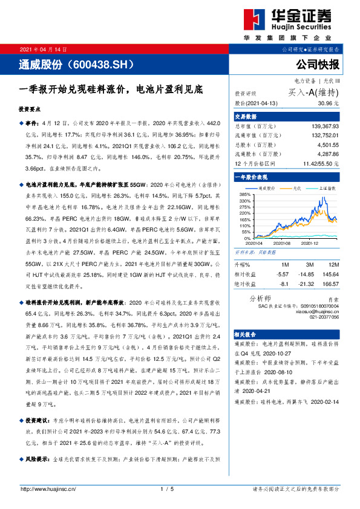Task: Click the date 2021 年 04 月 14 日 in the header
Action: [x=44, y=49]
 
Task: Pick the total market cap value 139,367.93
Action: [x=321, y=126]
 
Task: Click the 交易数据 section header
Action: [x=246, y=117]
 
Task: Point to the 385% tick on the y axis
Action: [x=246, y=194]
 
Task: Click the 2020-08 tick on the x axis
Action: [x=283, y=242]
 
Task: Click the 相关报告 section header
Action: [x=246, y=333]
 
